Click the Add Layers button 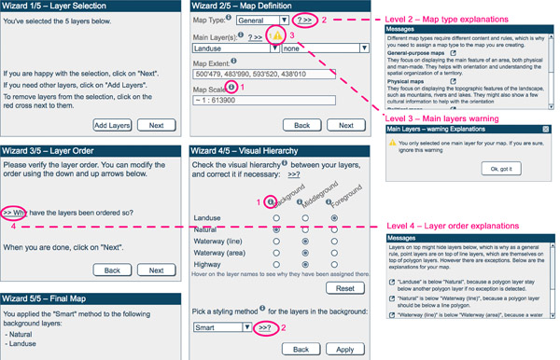click(x=113, y=124)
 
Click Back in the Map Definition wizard click(x=301, y=124)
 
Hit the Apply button click(x=343, y=348)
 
